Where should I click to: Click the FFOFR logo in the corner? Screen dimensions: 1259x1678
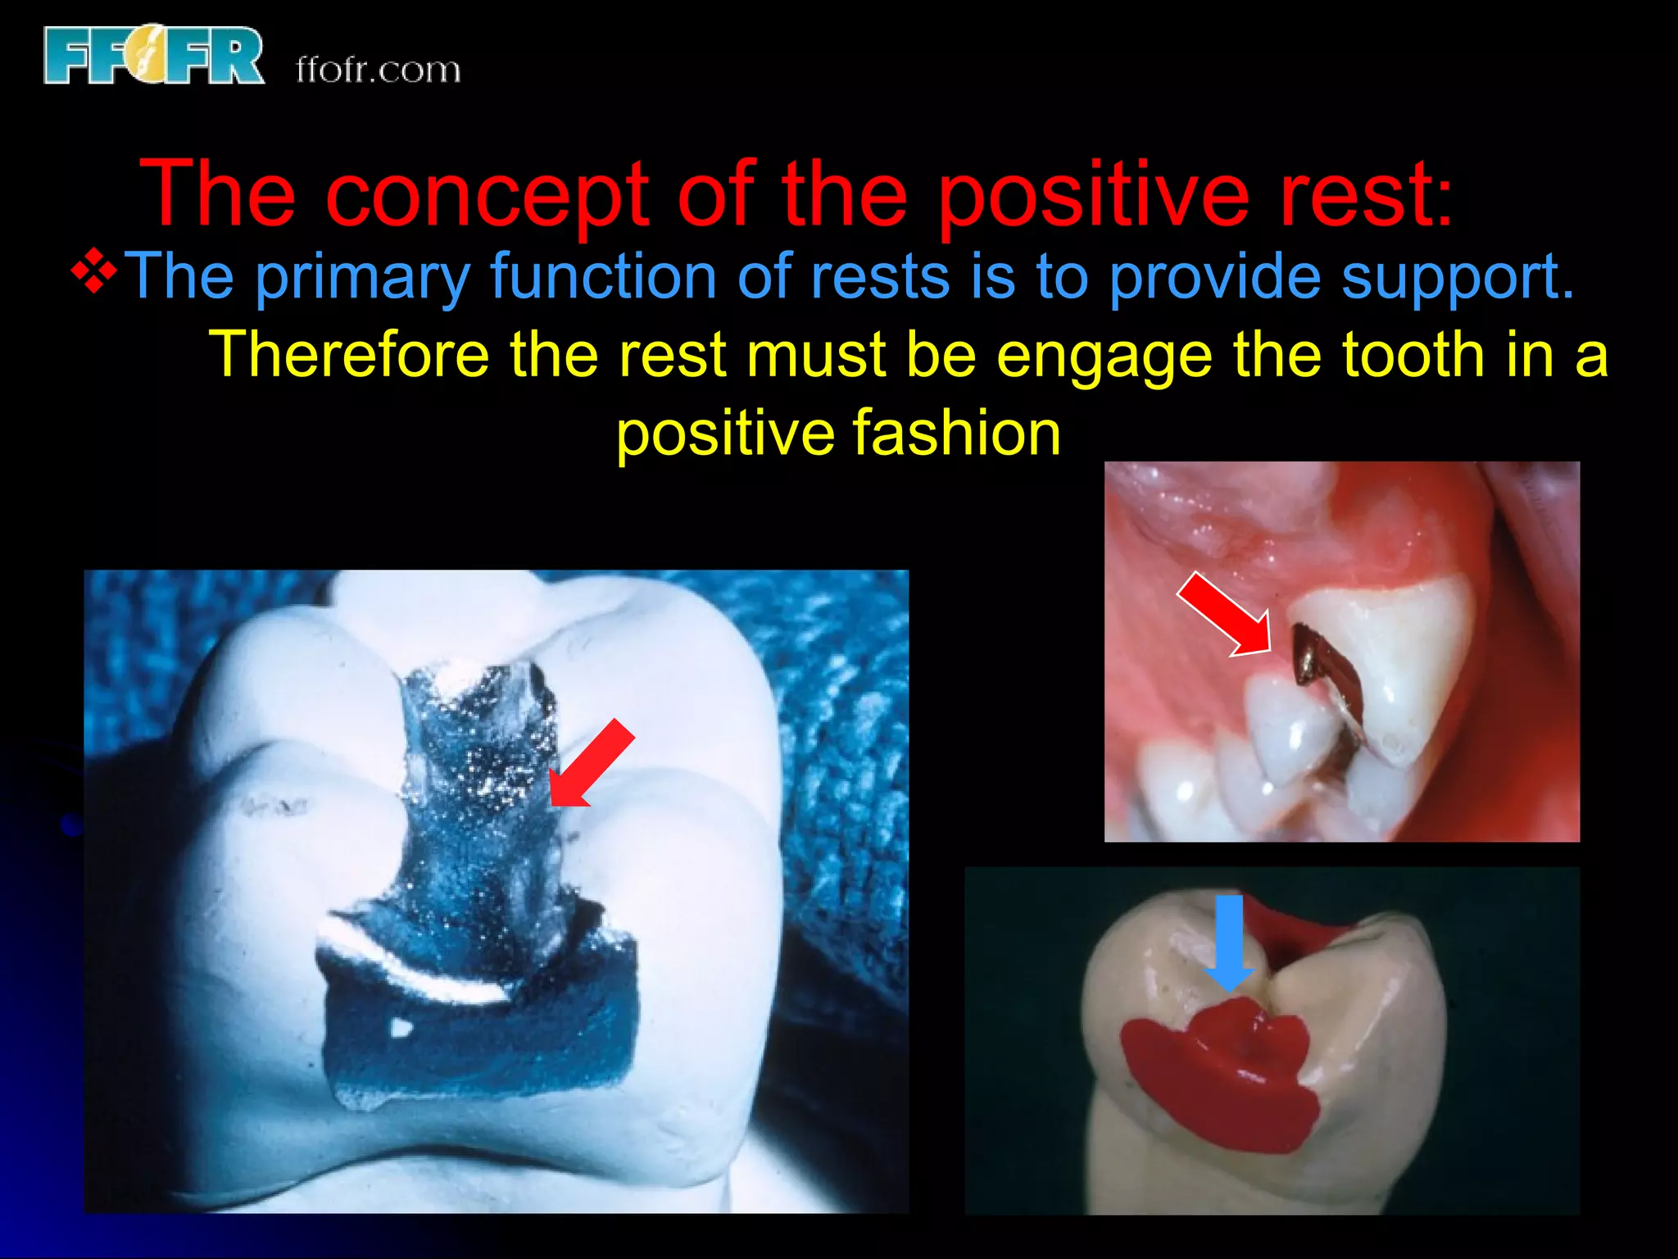pos(154,56)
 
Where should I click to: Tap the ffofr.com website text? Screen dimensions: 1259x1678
pos(378,70)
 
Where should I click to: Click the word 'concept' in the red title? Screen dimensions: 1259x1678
pos(487,194)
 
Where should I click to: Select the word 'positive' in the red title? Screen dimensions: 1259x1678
pos(1093,194)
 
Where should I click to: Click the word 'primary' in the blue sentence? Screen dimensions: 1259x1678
pos(361,277)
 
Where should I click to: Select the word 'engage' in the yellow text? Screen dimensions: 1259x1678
pos(1104,356)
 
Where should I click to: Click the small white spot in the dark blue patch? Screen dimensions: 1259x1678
pos(401,1026)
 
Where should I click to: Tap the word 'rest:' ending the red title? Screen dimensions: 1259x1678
pos(1366,194)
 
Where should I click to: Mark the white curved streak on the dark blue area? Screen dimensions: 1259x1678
pos(418,967)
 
